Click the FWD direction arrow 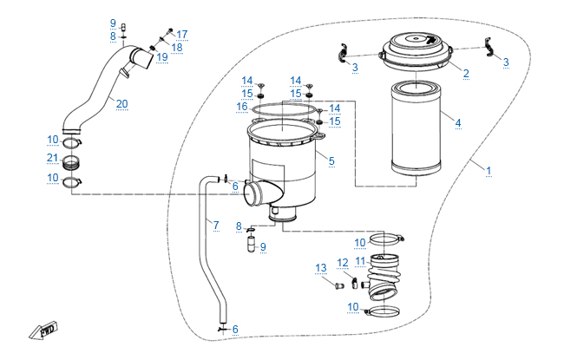point(43,331)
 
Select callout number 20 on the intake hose point(122,103)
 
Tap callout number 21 point(53,158)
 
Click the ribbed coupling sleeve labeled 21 point(71,162)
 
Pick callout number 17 point(182,34)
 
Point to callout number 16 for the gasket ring point(242,106)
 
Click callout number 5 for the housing point(331,160)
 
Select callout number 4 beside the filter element point(458,122)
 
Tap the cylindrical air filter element point(416,128)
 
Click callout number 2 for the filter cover point(466,73)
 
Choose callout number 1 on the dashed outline point(489,171)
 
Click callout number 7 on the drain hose point(216,226)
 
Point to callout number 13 point(321,268)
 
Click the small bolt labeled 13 point(338,286)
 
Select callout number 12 point(343,263)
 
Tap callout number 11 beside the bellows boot point(360,261)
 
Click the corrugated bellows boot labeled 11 point(382,278)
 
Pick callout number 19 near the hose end point(162,57)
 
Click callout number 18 point(177,47)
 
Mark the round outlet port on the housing point(253,193)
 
